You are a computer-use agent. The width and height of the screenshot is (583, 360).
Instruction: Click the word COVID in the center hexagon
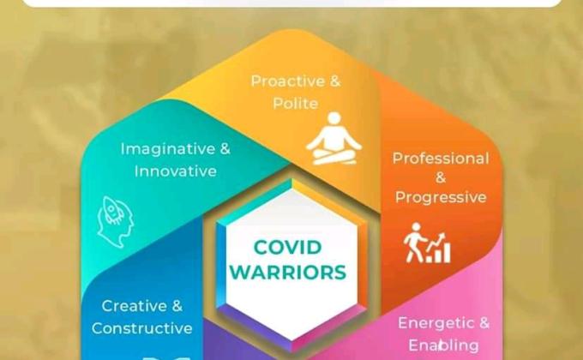pos(287,248)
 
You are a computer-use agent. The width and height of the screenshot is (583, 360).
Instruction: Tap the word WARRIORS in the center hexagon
pos(288,273)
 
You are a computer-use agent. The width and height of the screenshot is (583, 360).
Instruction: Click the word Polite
pos(296,103)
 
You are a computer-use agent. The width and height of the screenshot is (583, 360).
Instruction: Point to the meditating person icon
pos(334,139)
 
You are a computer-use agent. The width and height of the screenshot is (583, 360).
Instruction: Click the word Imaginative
pos(168,149)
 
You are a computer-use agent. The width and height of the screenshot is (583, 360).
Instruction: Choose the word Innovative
pos(176,171)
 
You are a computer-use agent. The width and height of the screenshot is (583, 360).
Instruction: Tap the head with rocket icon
pos(115,222)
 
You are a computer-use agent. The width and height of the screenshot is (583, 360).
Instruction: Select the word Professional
pos(441,159)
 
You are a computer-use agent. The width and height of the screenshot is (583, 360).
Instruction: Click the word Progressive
pos(441,197)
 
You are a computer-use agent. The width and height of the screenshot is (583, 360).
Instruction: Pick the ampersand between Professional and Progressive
pos(441,177)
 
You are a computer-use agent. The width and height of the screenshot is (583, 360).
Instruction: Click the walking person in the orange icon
pos(414,242)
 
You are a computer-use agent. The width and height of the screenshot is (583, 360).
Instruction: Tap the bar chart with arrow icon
pos(439,248)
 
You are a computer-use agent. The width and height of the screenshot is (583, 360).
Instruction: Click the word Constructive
pos(142,328)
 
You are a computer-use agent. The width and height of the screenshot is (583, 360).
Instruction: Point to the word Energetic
pos(436,323)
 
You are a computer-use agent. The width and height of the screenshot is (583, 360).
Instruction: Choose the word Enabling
pos(443,345)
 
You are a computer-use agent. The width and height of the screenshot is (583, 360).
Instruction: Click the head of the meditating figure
pos(334,118)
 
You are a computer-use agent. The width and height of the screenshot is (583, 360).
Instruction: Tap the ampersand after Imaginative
pos(225,149)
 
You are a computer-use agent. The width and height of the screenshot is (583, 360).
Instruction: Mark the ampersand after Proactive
pos(335,81)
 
